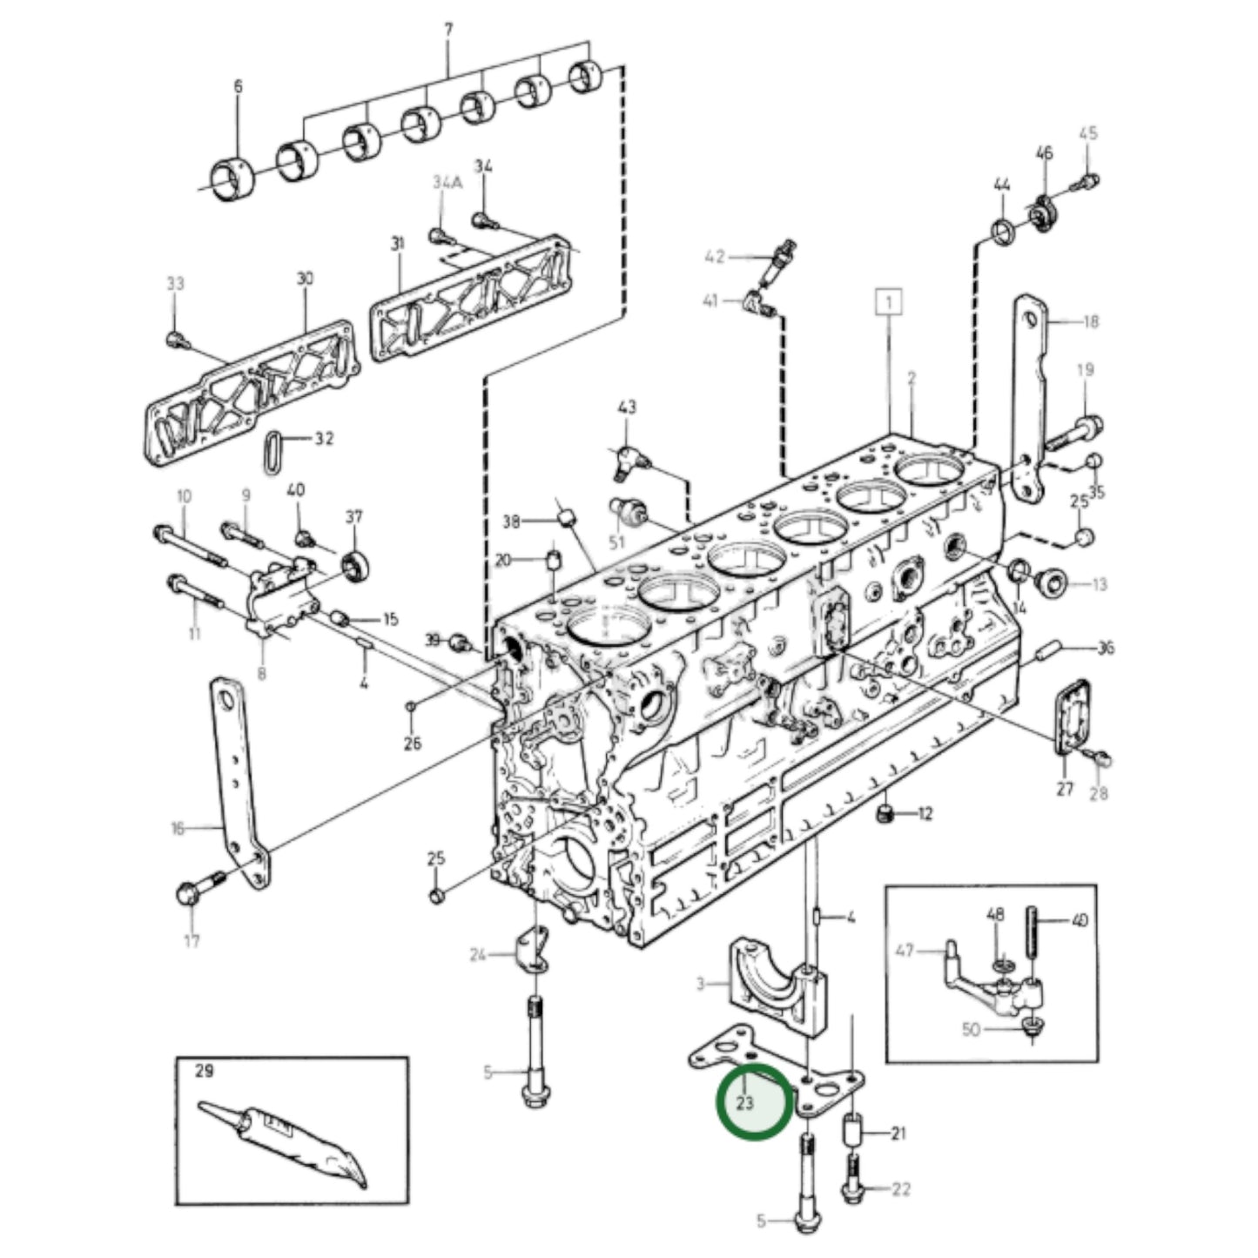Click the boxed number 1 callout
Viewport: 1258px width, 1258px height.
[x=888, y=302]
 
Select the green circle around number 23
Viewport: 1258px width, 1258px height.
[x=755, y=1102]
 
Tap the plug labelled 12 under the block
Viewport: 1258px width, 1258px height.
[x=885, y=814]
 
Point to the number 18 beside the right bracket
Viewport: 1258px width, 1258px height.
[x=1090, y=322]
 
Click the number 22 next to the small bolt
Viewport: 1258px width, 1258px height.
[x=900, y=1189]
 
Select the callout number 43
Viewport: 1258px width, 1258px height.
[x=627, y=407]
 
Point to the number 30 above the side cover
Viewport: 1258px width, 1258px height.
[x=305, y=279]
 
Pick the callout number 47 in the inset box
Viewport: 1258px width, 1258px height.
[x=905, y=951]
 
